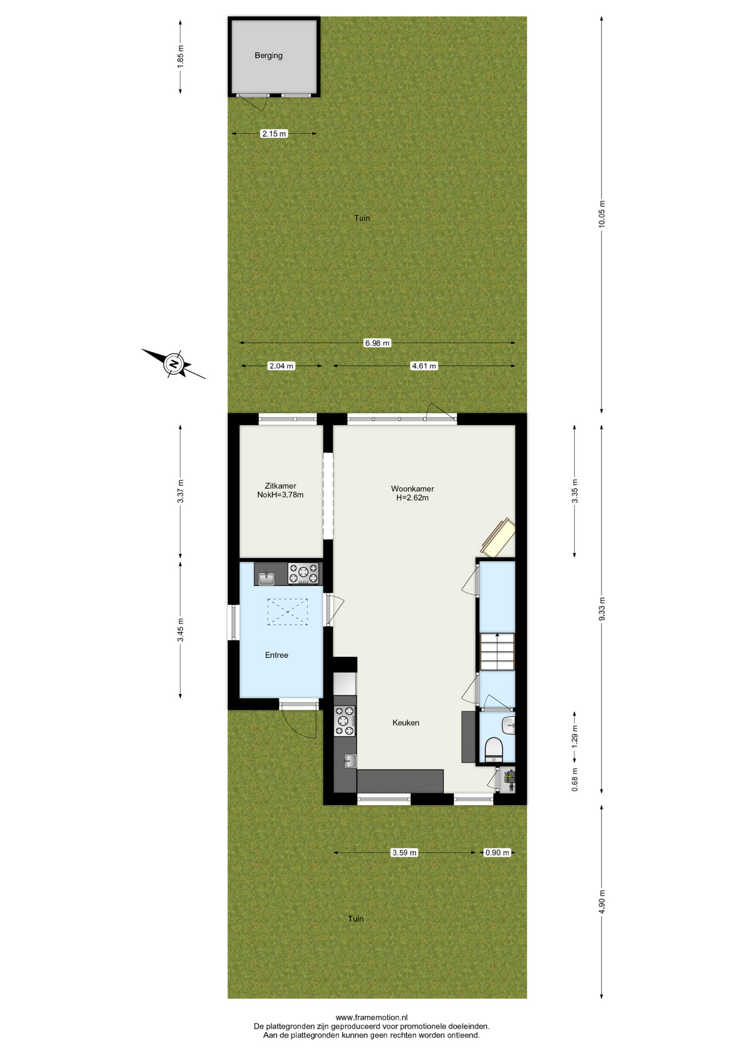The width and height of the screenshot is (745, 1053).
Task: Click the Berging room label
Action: pyautogui.click(x=268, y=55)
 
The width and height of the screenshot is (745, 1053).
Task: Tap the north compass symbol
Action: pyautogui.click(x=174, y=364)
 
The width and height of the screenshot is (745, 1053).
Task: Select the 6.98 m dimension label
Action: pyautogui.click(x=377, y=343)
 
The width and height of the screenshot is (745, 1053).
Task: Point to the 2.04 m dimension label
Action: pyautogui.click(x=281, y=366)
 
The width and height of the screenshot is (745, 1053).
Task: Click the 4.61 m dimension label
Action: pyautogui.click(x=424, y=366)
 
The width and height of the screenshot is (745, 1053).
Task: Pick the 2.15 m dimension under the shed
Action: pyautogui.click(x=274, y=134)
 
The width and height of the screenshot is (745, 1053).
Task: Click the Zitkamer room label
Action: pyautogui.click(x=280, y=486)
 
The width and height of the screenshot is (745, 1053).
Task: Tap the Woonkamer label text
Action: pyautogui.click(x=413, y=489)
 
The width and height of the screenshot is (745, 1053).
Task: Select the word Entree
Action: pyautogui.click(x=276, y=655)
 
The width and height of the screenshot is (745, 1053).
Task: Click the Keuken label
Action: pyautogui.click(x=406, y=723)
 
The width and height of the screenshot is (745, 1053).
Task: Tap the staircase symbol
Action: pyautogui.click(x=497, y=652)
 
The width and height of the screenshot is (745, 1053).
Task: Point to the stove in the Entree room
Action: pyautogui.click(x=303, y=574)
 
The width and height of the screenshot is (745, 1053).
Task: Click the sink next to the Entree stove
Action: pyautogui.click(x=267, y=578)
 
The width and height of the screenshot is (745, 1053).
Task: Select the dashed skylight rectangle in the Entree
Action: pyautogui.click(x=287, y=612)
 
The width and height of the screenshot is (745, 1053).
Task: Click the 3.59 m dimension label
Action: pyautogui.click(x=404, y=853)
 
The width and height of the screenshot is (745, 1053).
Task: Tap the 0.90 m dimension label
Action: pyautogui.click(x=498, y=853)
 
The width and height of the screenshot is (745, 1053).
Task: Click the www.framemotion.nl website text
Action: pyautogui.click(x=371, y=1018)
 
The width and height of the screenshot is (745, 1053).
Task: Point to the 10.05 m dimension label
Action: pyautogui.click(x=602, y=214)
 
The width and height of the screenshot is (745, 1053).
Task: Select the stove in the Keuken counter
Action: pyautogui.click(x=345, y=721)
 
